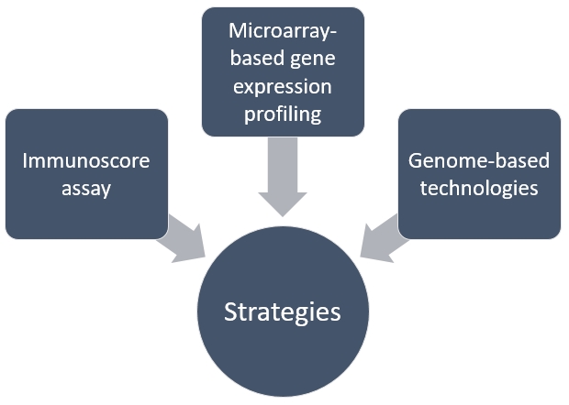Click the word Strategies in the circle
click(x=283, y=312)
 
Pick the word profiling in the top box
click(x=283, y=115)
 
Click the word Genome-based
click(x=480, y=161)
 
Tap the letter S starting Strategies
click(x=230, y=312)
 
